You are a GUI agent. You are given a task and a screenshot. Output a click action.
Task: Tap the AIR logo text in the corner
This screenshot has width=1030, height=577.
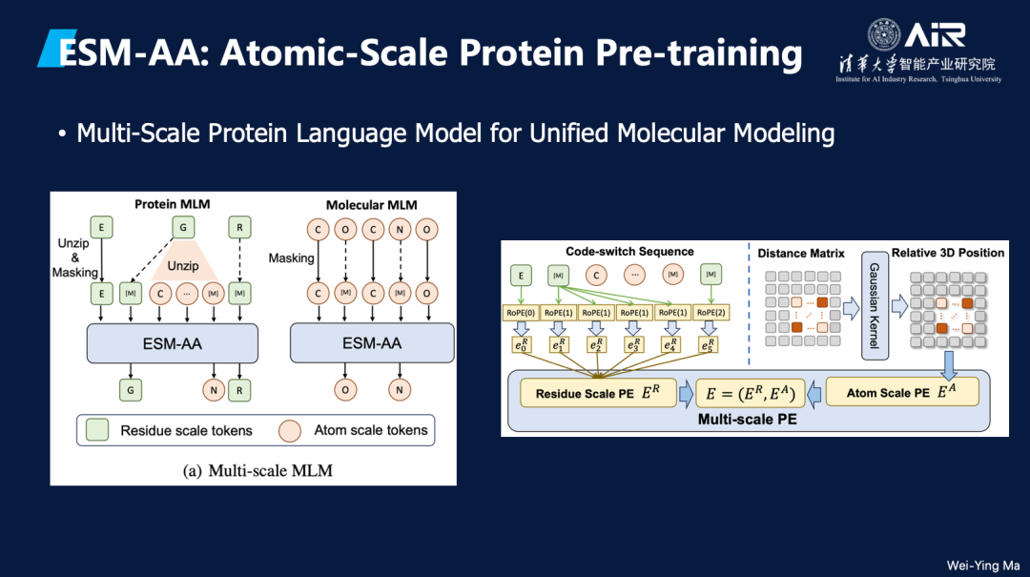tap(935, 35)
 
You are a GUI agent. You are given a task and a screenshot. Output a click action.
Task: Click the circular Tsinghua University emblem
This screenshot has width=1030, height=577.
tap(883, 35)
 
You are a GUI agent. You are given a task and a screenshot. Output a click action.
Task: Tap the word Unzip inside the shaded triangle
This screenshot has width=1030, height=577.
tap(183, 266)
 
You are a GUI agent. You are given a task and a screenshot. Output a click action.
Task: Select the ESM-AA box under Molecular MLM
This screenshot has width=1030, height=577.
tap(372, 343)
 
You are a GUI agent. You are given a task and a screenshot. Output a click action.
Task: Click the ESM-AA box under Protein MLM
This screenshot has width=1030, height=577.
tap(172, 343)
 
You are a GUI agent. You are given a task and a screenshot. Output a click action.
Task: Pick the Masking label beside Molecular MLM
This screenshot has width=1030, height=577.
tap(291, 258)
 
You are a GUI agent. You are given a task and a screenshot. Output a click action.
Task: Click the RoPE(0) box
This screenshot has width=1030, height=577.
tap(522, 313)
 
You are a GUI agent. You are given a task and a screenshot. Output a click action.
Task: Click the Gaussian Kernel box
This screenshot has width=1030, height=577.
tap(872, 306)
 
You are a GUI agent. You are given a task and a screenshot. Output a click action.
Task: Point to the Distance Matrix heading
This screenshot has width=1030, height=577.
tap(801, 254)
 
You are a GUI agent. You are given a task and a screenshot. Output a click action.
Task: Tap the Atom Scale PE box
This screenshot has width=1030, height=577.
tap(901, 392)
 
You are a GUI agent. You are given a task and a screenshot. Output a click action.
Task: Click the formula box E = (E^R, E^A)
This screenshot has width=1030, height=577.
tap(749, 392)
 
